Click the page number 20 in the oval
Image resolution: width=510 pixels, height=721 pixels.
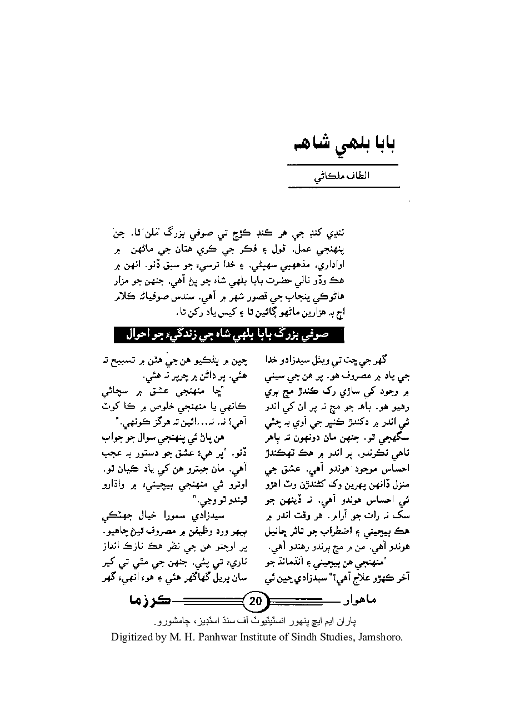[256, 600]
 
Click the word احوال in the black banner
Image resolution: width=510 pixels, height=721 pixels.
[131, 335]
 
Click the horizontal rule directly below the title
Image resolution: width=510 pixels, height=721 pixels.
[342, 165]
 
